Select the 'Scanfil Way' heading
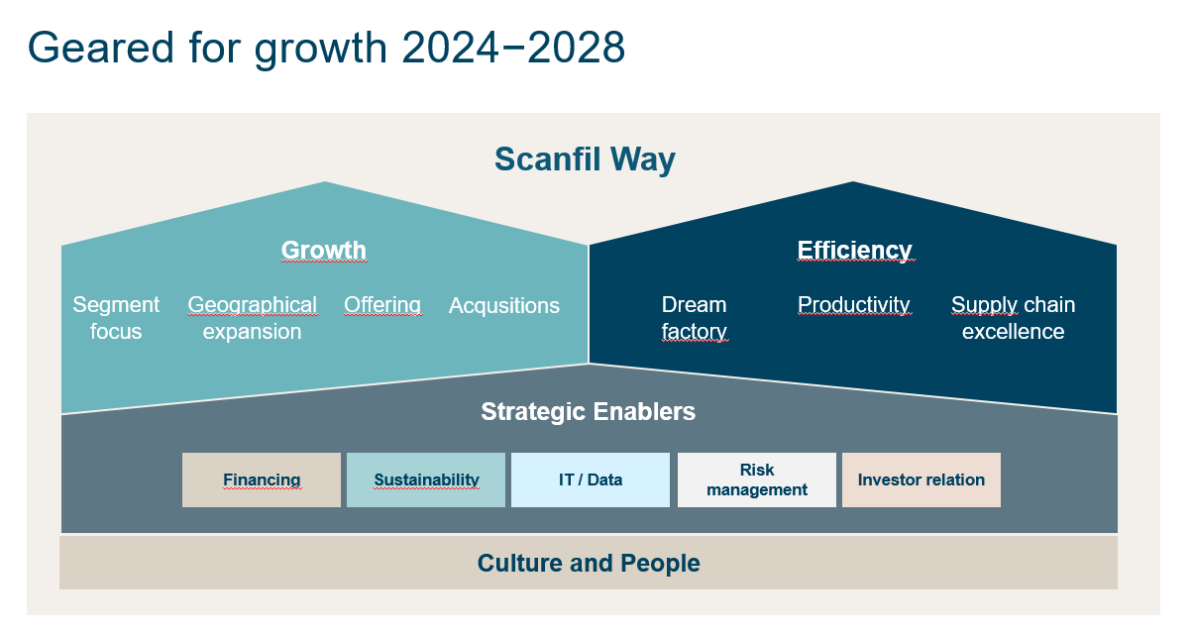coord(585,159)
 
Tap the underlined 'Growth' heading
coord(324,251)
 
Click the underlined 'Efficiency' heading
coord(854,251)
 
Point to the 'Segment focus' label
coord(116,318)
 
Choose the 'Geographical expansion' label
coord(252,318)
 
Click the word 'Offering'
coord(382,305)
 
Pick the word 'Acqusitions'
coord(504,306)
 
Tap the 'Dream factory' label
coord(694,318)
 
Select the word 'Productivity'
coord(853,305)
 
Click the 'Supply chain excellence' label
coord(1013,318)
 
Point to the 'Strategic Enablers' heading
coord(588,411)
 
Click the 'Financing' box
coord(262,480)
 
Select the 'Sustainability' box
coord(426,480)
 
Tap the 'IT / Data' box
coord(591,480)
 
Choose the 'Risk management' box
coord(757,480)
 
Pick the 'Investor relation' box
coord(921,480)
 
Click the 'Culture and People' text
coord(589,564)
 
